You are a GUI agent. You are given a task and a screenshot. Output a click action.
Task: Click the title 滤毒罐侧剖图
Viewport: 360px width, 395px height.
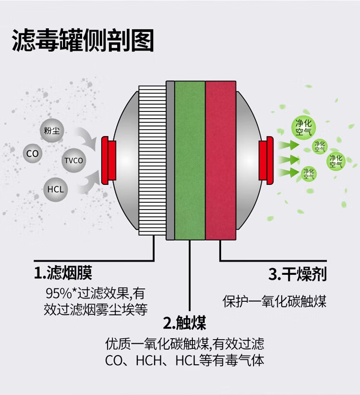tap(83, 41)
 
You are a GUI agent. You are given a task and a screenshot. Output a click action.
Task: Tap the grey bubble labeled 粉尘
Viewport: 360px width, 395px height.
tap(52, 130)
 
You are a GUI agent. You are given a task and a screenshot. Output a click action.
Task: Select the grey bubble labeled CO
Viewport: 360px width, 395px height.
tap(33, 154)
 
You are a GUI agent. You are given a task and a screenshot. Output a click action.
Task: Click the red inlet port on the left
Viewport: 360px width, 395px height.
tap(110, 159)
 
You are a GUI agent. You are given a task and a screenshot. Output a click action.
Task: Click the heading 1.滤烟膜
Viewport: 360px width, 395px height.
tap(62, 273)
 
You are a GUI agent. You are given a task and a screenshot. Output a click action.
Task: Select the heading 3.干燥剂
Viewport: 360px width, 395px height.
tap(297, 274)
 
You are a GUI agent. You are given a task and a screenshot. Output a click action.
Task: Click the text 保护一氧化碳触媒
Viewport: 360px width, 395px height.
tap(275, 301)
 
